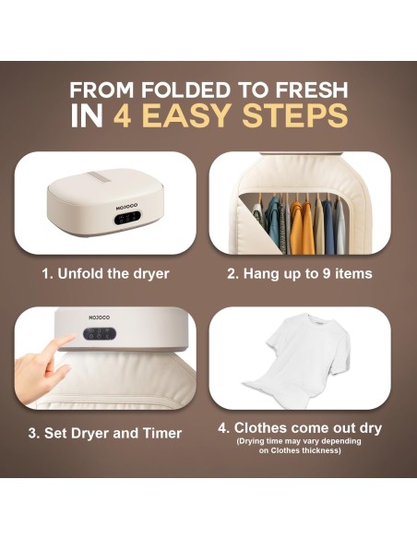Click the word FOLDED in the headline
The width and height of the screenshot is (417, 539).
pyautogui.click(x=185, y=90)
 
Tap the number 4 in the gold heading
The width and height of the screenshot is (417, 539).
pyautogui.click(x=123, y=115)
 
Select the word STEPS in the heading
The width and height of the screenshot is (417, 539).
pyautogui.click(x=295, y=115)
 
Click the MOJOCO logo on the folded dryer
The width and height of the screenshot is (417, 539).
pyautogui.click(x=126, y=206)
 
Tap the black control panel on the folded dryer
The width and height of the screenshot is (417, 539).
pyautogui.click(x=127, y=218)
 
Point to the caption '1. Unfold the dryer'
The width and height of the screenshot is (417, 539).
pyautogui.click(x=105, y=274)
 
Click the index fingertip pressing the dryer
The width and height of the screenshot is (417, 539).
pyautogui.click(x=70, y=340)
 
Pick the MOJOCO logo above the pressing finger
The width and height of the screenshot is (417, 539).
pyautogui.click(x=100, y=317)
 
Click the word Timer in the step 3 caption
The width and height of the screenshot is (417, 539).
pyautogui.click(x=162, y=433)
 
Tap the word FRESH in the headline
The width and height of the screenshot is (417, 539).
pyautogui.click(x=312, y=90)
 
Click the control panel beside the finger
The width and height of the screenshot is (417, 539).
pyautogui.click(x=100, y=333)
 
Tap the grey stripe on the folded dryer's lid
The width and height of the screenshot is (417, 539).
pyautogui.click(x=98, y=178)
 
